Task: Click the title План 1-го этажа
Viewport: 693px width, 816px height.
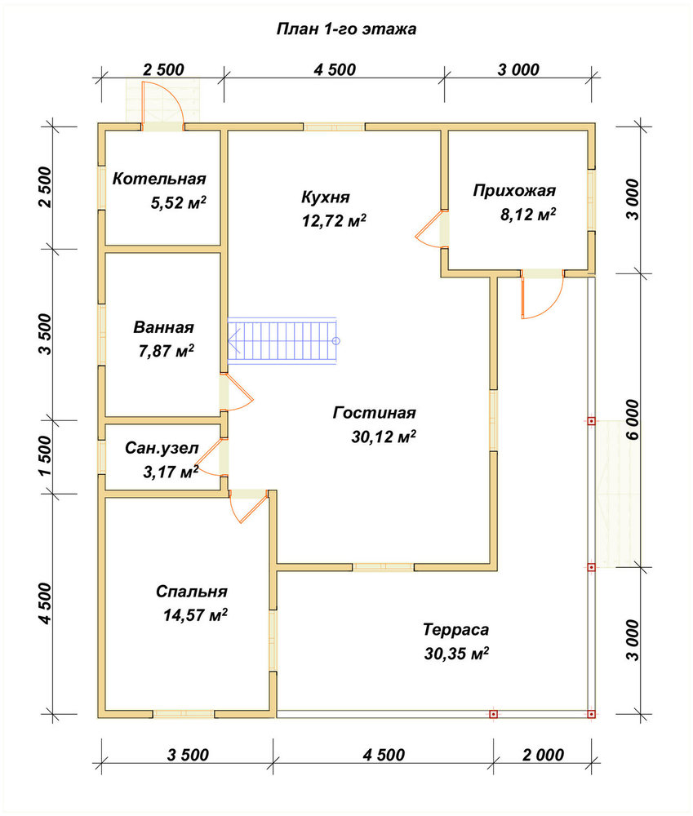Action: tap(346, 29)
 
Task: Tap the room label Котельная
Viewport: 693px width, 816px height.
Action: tap(159, 179)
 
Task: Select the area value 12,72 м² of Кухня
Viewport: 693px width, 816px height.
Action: tap(334, 220)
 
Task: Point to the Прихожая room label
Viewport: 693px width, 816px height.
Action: tap(514, 191)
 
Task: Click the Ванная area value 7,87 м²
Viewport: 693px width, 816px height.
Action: tap(166, 351)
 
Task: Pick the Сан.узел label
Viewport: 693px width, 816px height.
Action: tap(162, 448)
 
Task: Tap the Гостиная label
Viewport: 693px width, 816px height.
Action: tap(375, 413)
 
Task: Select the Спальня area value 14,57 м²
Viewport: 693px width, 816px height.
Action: tap(195, 615)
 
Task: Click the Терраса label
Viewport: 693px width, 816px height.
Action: tap(456, 630)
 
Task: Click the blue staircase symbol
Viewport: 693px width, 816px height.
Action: tap(282, 341)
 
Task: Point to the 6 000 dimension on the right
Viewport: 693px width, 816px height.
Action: tap(633, 420)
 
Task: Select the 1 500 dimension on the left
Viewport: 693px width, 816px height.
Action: tap(46, 456)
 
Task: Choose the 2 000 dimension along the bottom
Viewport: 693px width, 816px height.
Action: tap(543, 755)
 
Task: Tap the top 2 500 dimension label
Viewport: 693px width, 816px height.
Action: tap(163, 69)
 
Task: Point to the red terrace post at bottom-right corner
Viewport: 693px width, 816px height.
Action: tap(591, 714)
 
